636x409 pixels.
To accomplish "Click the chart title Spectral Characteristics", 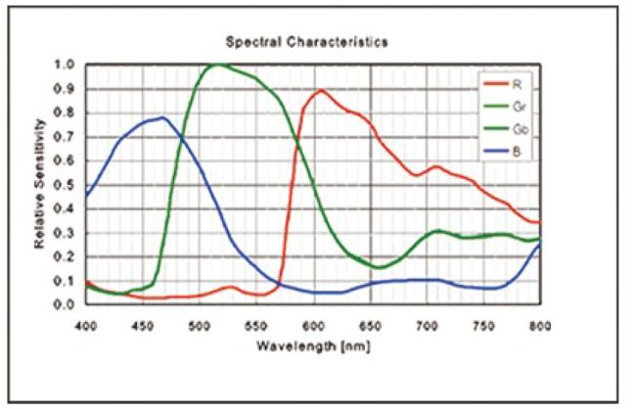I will tap(306, 42).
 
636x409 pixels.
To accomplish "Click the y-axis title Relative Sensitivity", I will tap(40, 183).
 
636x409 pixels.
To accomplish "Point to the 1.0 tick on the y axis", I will tap(66, 66).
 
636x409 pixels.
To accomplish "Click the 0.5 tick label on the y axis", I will tap(66, 185).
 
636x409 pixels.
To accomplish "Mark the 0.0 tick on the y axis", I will tap(66, 304).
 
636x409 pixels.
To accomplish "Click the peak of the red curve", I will tap(320, 91).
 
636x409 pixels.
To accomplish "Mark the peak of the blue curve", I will tap(163, 117).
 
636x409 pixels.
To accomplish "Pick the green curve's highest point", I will tap(217, 65).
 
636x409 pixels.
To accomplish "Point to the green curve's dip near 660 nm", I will tap(381, 267).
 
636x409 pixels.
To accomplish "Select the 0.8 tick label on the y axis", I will tap(66, 114).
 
